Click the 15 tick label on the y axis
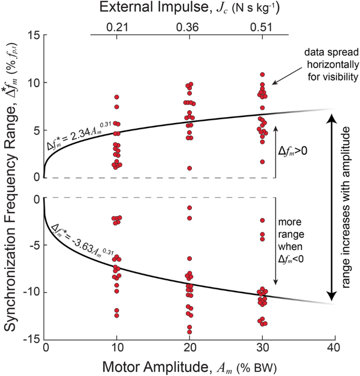33,35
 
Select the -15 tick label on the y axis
31,339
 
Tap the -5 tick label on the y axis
33,245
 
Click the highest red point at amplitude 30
262,75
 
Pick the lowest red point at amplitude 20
189,332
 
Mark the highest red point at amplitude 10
117,97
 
